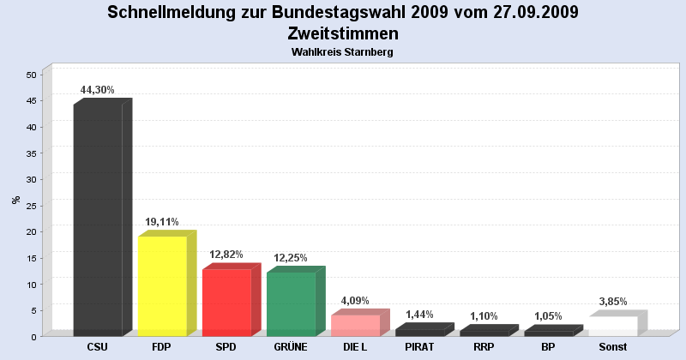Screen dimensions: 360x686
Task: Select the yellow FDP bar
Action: point(162,285)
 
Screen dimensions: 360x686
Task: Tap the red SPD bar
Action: point(226,302)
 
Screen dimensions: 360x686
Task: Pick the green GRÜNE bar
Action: point(291,303)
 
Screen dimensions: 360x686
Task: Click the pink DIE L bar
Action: point(355,325)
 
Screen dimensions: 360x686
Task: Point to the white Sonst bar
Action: point(613,326)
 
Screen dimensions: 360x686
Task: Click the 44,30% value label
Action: point(97,90)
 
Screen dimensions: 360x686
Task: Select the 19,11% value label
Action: point(161,221)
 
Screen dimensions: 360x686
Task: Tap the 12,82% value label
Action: point(226,255)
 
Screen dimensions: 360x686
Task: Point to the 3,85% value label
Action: point(613,302)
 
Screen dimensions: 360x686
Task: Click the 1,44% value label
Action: point(419,315)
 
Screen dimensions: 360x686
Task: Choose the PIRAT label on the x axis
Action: point(419,347)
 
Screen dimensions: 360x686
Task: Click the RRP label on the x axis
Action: point(484,347)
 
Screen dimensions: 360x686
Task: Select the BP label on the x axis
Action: point(548,347)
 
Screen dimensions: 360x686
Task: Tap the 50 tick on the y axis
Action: point(31,75)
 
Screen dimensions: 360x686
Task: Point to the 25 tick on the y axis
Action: point(31,206)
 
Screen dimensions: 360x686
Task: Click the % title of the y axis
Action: point(15,200)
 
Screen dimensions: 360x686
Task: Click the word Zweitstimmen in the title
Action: point(343,33)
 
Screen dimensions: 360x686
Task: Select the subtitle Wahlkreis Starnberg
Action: point(343,52)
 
